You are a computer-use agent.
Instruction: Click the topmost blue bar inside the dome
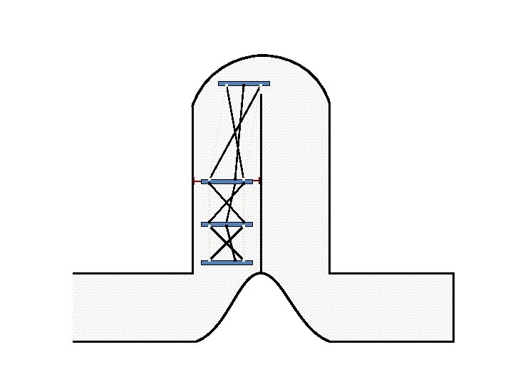point(244,83)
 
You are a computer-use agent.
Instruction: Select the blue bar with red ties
point(227,181)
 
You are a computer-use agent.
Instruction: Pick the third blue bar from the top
point(227,224)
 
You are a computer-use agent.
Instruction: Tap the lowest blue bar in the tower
point(227,262)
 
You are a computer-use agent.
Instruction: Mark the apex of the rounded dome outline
point(261,55)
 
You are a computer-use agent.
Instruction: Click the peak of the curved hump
point(261,273)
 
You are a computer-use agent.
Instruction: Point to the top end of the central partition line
point(261,95)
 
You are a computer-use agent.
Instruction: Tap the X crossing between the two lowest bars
point(227,243)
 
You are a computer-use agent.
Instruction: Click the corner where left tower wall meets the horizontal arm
point(193,273)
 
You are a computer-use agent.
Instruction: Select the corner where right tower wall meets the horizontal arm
point(329,273)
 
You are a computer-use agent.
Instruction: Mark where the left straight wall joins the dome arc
point(193,106)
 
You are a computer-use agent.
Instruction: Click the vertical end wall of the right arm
point(454,307)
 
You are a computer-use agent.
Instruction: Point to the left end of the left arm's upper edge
point(73,273)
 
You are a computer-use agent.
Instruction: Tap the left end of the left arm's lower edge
point(73,341)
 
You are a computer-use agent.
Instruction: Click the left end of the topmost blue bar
point(219,83)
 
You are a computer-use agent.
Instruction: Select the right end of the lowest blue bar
point(252,262)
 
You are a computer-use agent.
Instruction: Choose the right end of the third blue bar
point(252,224)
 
